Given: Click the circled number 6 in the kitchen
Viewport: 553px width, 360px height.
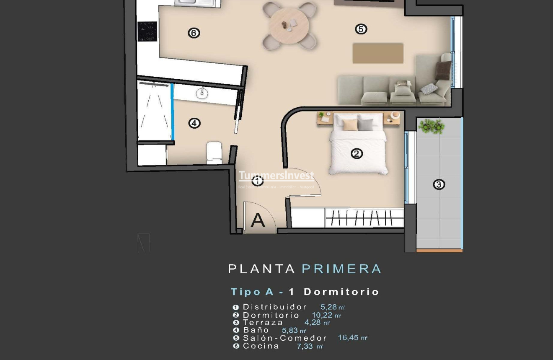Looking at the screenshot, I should pyautogui.click(x=194, y=33).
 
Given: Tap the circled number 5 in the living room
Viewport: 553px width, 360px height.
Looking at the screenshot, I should pyautogui.click(x=361, y=29).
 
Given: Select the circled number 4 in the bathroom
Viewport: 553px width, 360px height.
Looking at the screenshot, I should pyautogui.click(x=194, y=123).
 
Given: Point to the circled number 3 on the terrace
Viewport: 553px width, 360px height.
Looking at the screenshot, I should pyautogui.click(x=439, y=184).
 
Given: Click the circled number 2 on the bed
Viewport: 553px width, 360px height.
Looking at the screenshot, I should pyautogui.click(x=357, y=154).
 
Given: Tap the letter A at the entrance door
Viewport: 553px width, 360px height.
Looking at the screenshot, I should pyautogui.click(x=258, y=220).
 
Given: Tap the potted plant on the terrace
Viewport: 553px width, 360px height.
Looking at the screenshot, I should pyautogui.click(x=432, y=126).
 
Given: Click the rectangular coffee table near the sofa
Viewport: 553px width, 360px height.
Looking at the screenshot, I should pyautogui.click(x=377, y=53).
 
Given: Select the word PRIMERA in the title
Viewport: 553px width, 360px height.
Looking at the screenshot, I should pyautogui.click(x=341, y=269).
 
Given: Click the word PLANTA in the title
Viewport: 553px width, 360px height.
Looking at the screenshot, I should pyautogui.click(x=262, y=269).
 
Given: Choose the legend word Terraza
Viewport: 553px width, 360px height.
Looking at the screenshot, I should pyautogui.click(x=263, y=323).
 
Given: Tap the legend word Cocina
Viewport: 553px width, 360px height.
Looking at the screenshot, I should pyautogui.click(x=261, y=346).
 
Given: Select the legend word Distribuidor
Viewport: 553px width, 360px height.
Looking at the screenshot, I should pyautogui.click(x=275, y=307).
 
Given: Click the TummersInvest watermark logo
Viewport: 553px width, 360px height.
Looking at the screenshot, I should pyautogui.click(x=276, y=176).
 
